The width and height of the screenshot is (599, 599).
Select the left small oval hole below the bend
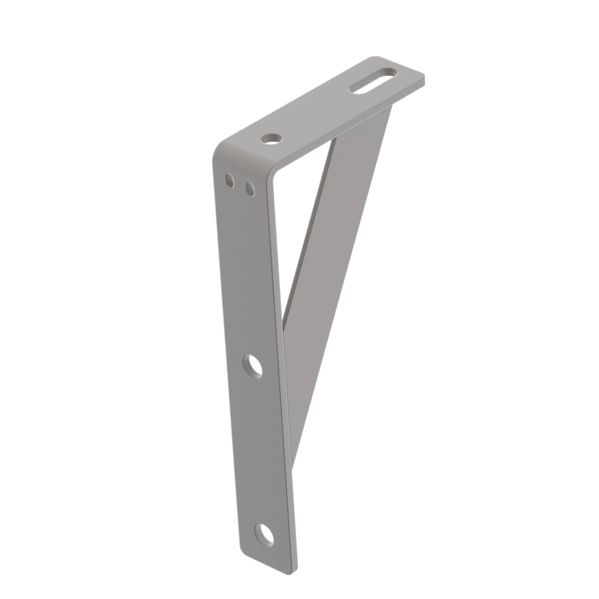click(229, 180)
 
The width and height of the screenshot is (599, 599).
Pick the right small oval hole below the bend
click(249, 189)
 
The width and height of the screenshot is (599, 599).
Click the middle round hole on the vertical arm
click(253, 367)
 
